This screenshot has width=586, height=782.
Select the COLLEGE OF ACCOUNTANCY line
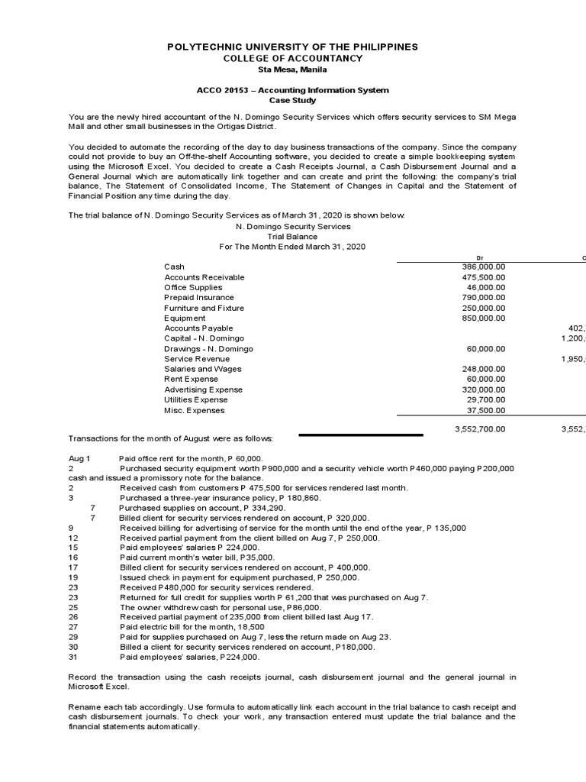pyautogui.click(x=293, y=59)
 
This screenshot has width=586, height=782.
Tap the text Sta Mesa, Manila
pyautogui.click(x=293, y=70)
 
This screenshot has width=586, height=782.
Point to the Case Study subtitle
pyautogui.click(x=293, y=100)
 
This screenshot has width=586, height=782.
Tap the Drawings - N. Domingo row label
pyautogui.click(x=208, y=349)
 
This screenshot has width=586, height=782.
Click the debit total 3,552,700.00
pyautogui.click(x=479, y=429)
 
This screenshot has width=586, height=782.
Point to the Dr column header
pyautogui.click(x=479, y=257)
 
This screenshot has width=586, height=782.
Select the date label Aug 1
pyautogui.click(x=79, y=457)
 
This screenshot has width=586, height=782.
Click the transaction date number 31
pyautogui.click(x=73, y=657)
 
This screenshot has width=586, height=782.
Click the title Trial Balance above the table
pyautogui.click(x=293, y=237)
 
